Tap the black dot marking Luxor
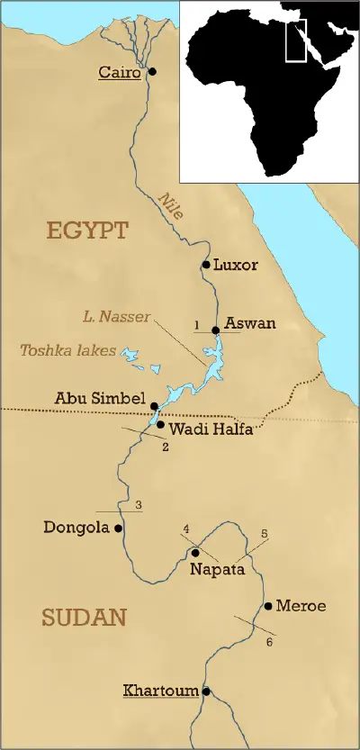point(206,265)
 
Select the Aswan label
point(250,323)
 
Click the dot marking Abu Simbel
point(154,406)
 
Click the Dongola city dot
point(118,529)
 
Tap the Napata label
point(216,569)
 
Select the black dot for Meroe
point(267,606)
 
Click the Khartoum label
point(160,691)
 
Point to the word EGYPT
point(88,230)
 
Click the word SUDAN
point(83,618)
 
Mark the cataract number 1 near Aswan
point(195,323)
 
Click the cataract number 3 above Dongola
point(138,504)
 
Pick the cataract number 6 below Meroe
point(268,641)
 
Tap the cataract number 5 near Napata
point(264,533)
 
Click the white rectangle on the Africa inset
point(295,41)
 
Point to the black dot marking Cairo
point(152,72)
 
